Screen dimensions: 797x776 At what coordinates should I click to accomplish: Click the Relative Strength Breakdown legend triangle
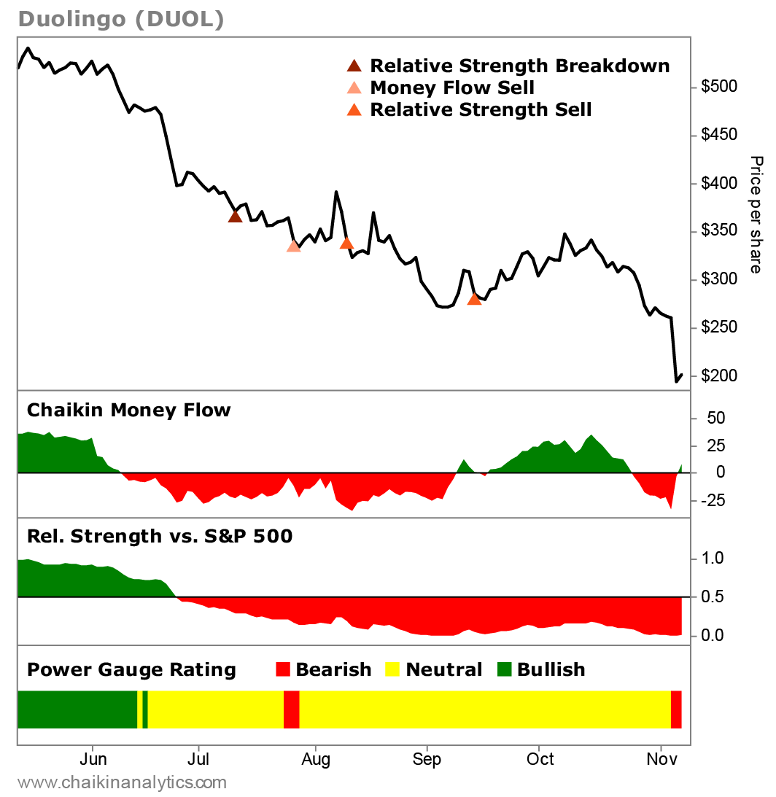click(354, 66)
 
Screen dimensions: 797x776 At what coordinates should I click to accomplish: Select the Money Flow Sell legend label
click(452, 88)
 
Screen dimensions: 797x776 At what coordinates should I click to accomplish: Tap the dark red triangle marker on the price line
click(235, 216)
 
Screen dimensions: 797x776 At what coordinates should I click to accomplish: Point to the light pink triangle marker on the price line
click(294, 246)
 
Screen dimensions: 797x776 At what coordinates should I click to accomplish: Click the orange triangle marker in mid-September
click(474, 298)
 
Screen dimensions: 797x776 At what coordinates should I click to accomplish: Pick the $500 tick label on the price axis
click(719, 88)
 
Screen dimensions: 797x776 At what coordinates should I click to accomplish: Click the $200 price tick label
click(719, 376)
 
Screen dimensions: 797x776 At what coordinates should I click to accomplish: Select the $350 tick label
click(719, 232)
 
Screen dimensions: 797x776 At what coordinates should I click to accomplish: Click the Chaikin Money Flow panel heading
click(128, 411)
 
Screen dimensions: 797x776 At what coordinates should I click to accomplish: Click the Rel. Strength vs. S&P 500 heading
click(160, 537)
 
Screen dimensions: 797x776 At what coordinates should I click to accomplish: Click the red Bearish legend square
click(284, 669)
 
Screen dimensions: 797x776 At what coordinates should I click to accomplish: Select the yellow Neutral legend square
click(393, 669)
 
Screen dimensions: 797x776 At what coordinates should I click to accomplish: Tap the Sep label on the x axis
click(427, 760)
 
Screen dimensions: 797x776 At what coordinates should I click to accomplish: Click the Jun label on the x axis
click(93, 760)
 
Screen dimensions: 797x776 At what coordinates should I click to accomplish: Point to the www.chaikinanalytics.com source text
click(122, 783)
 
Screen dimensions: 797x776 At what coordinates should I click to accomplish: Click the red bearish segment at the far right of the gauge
click(676, 709)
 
